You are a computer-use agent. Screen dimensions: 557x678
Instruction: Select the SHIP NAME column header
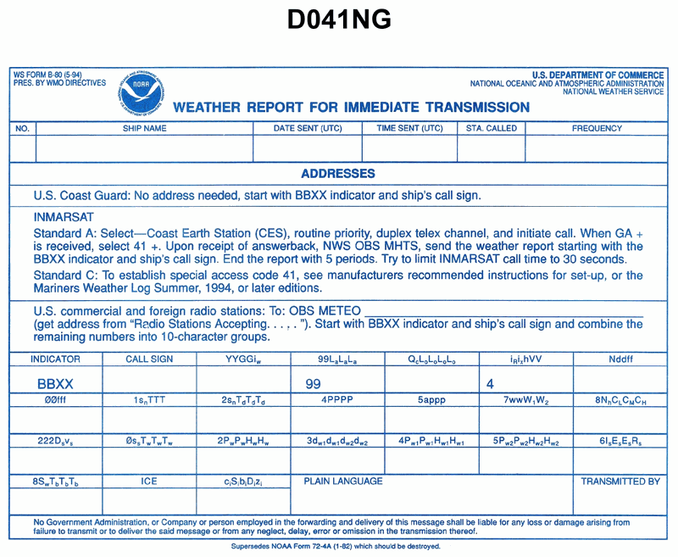pos(144,129)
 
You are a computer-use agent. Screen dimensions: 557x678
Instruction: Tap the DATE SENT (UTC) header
pos(308,129)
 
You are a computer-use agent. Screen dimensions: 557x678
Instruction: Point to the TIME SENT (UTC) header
pos(409,129)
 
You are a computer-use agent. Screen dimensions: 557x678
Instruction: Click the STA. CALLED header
pos(492,129)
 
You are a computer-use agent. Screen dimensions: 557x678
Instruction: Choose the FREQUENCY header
pos(597,129)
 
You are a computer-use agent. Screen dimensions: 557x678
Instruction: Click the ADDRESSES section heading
pos(338,174)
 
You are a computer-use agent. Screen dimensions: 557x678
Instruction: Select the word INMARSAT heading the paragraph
pos(64,217)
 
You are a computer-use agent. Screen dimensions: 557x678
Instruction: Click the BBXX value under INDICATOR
pos(56,384)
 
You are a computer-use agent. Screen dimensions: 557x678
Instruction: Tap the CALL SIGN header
pos(149,359)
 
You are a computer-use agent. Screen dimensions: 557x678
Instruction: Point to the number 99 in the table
pos(313,384)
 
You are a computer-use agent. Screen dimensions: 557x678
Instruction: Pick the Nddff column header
pos(620,359)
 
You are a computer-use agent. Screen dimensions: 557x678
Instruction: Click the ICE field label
pos(149,481)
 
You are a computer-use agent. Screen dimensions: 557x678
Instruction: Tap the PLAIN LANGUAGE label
pos(343,481)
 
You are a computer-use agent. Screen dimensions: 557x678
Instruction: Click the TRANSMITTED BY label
pos(620,481)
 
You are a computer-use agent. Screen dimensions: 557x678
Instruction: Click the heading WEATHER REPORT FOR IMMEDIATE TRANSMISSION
pos(351,108)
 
